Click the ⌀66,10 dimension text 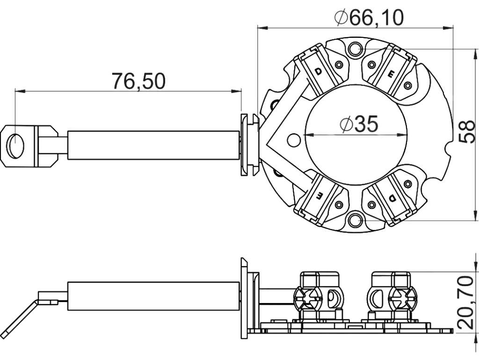369,18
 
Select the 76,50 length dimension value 138,81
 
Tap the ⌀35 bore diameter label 359,124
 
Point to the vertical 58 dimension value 467,131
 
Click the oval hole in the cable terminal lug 16,146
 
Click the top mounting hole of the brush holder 356,49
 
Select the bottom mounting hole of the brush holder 356,220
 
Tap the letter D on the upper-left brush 318,72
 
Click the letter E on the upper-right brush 391,73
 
